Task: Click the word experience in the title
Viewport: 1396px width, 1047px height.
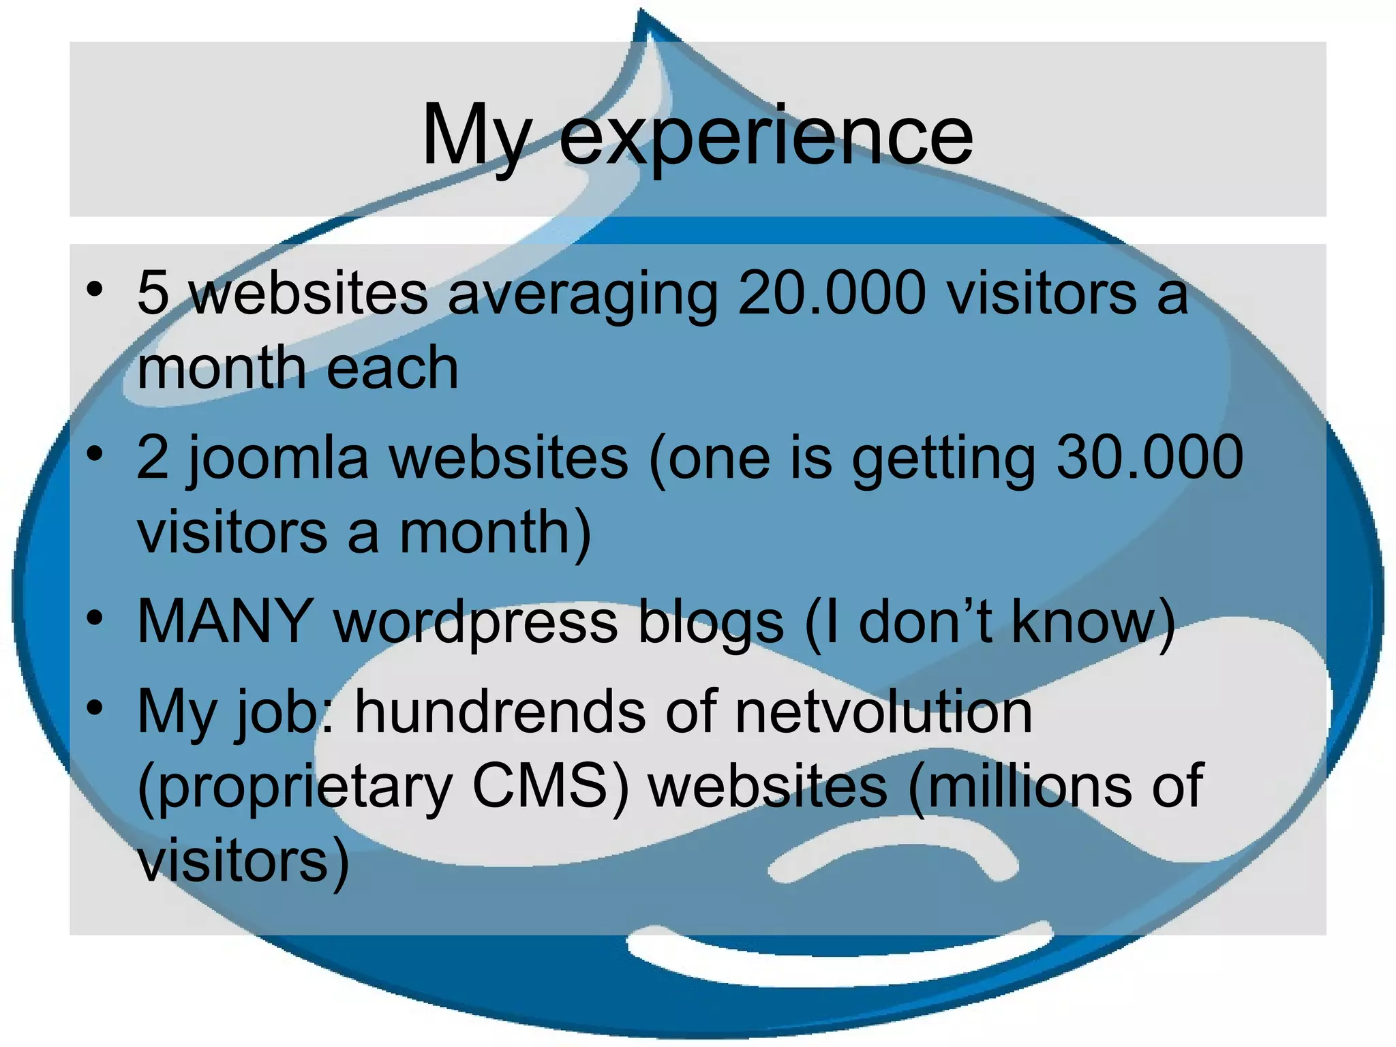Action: (766, 136)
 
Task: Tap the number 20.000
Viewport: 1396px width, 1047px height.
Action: (832, 293)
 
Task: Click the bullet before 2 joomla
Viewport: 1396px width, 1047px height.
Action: (95, 454)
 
